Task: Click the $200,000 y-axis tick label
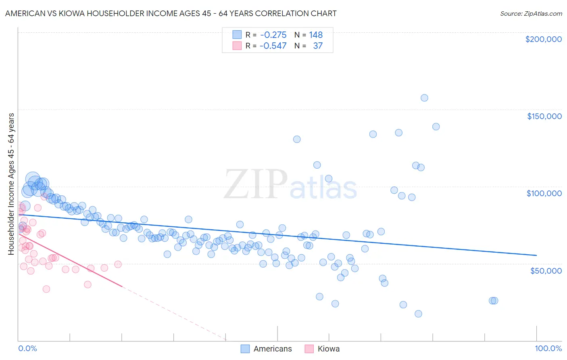coord(543,39)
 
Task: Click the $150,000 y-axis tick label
coord(544,116)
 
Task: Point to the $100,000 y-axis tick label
coord(544,193)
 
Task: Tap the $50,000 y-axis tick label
coord(546,270)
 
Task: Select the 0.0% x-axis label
coord(27,349)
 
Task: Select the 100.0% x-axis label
coord(548,349)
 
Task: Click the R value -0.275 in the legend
coord(273,35)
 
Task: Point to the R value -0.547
coord(273,46)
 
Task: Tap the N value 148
coord(316,35)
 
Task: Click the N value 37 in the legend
coord(318,46)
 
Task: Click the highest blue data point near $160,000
coord(424,98)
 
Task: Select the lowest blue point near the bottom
coord(418,314)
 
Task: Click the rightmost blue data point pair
coord(493,301)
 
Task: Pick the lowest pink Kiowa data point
coord(46,289)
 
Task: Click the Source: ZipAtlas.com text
coord(531,14)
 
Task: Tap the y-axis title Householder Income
coord(11,184)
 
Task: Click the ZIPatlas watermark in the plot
coord(290,185)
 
